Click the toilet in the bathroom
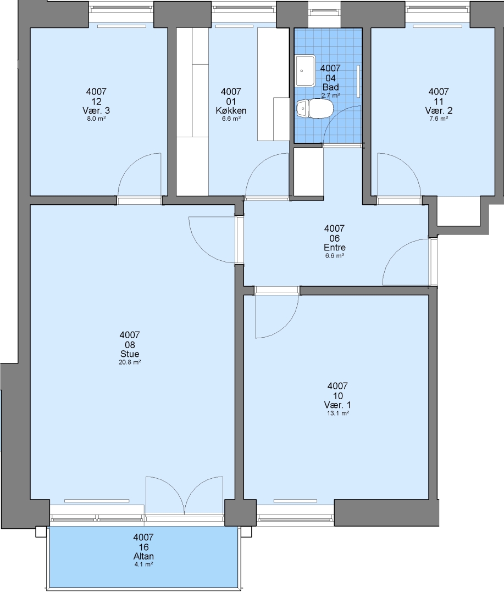[x=315, y=109]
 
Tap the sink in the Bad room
[x=306, y=70]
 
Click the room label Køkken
[x=231, y=111]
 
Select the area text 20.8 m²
[x=130, y=362]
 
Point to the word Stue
[x=130, y=354]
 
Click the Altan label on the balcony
[x=143, y=556]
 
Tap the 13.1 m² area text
[x=338, y=413]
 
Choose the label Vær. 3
[x=96, y=111]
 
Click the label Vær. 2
[x=439, y=111]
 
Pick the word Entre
[x=335, y=248]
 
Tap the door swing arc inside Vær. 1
[x=288, y=325]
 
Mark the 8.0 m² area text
[x=96, y=119]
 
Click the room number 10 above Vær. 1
[x=338, y=396]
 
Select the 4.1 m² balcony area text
[x=143, y=564]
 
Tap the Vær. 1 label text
[x=338, y=405]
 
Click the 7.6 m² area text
[x=439, y=119]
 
